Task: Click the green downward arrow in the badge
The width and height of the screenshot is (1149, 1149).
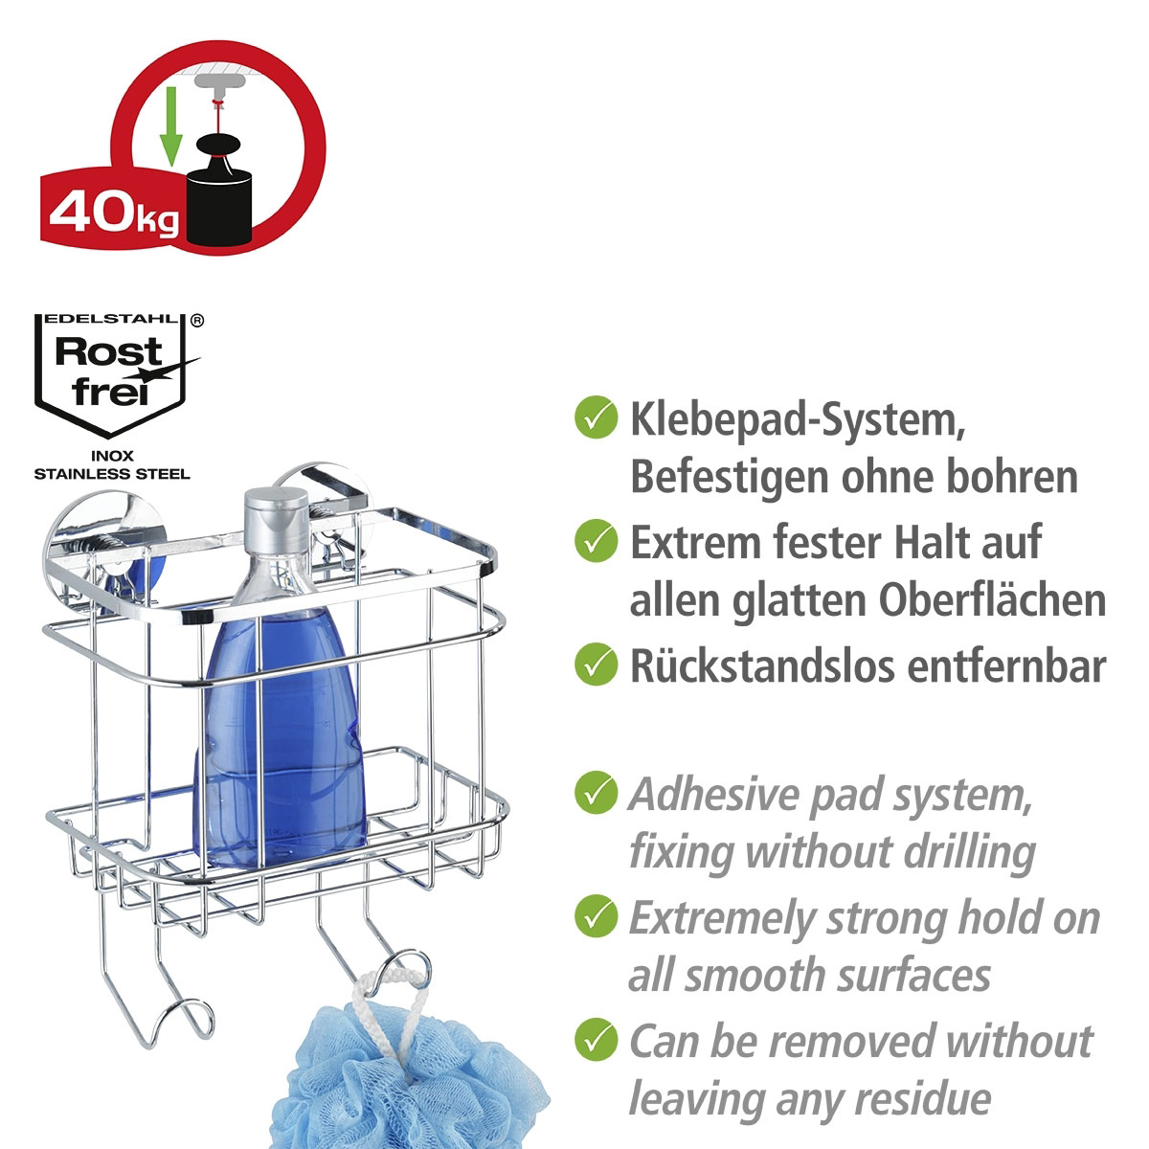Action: click(x=171, y=125)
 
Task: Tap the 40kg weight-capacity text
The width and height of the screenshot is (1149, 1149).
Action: click(x=113, y=213)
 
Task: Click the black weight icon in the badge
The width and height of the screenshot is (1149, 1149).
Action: click(x=220, y=191)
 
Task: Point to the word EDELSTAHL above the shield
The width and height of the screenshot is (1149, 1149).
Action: click(x=111, y=319)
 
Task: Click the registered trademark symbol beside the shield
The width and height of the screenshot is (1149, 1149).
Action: click(x=197, y=320)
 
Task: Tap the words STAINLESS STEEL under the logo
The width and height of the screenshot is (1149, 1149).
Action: click(x=112, y=475)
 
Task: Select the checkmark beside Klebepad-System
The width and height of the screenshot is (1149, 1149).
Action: click(x=596, y=417)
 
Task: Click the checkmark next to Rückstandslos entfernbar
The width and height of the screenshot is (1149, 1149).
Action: click(x=596, y=664)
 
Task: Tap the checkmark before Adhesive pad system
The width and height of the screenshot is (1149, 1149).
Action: click(x=596, y=793)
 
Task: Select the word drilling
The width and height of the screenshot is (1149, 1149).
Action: click(x=970, y=853)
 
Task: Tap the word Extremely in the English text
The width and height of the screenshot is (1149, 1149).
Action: click(x=723, y=919)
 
